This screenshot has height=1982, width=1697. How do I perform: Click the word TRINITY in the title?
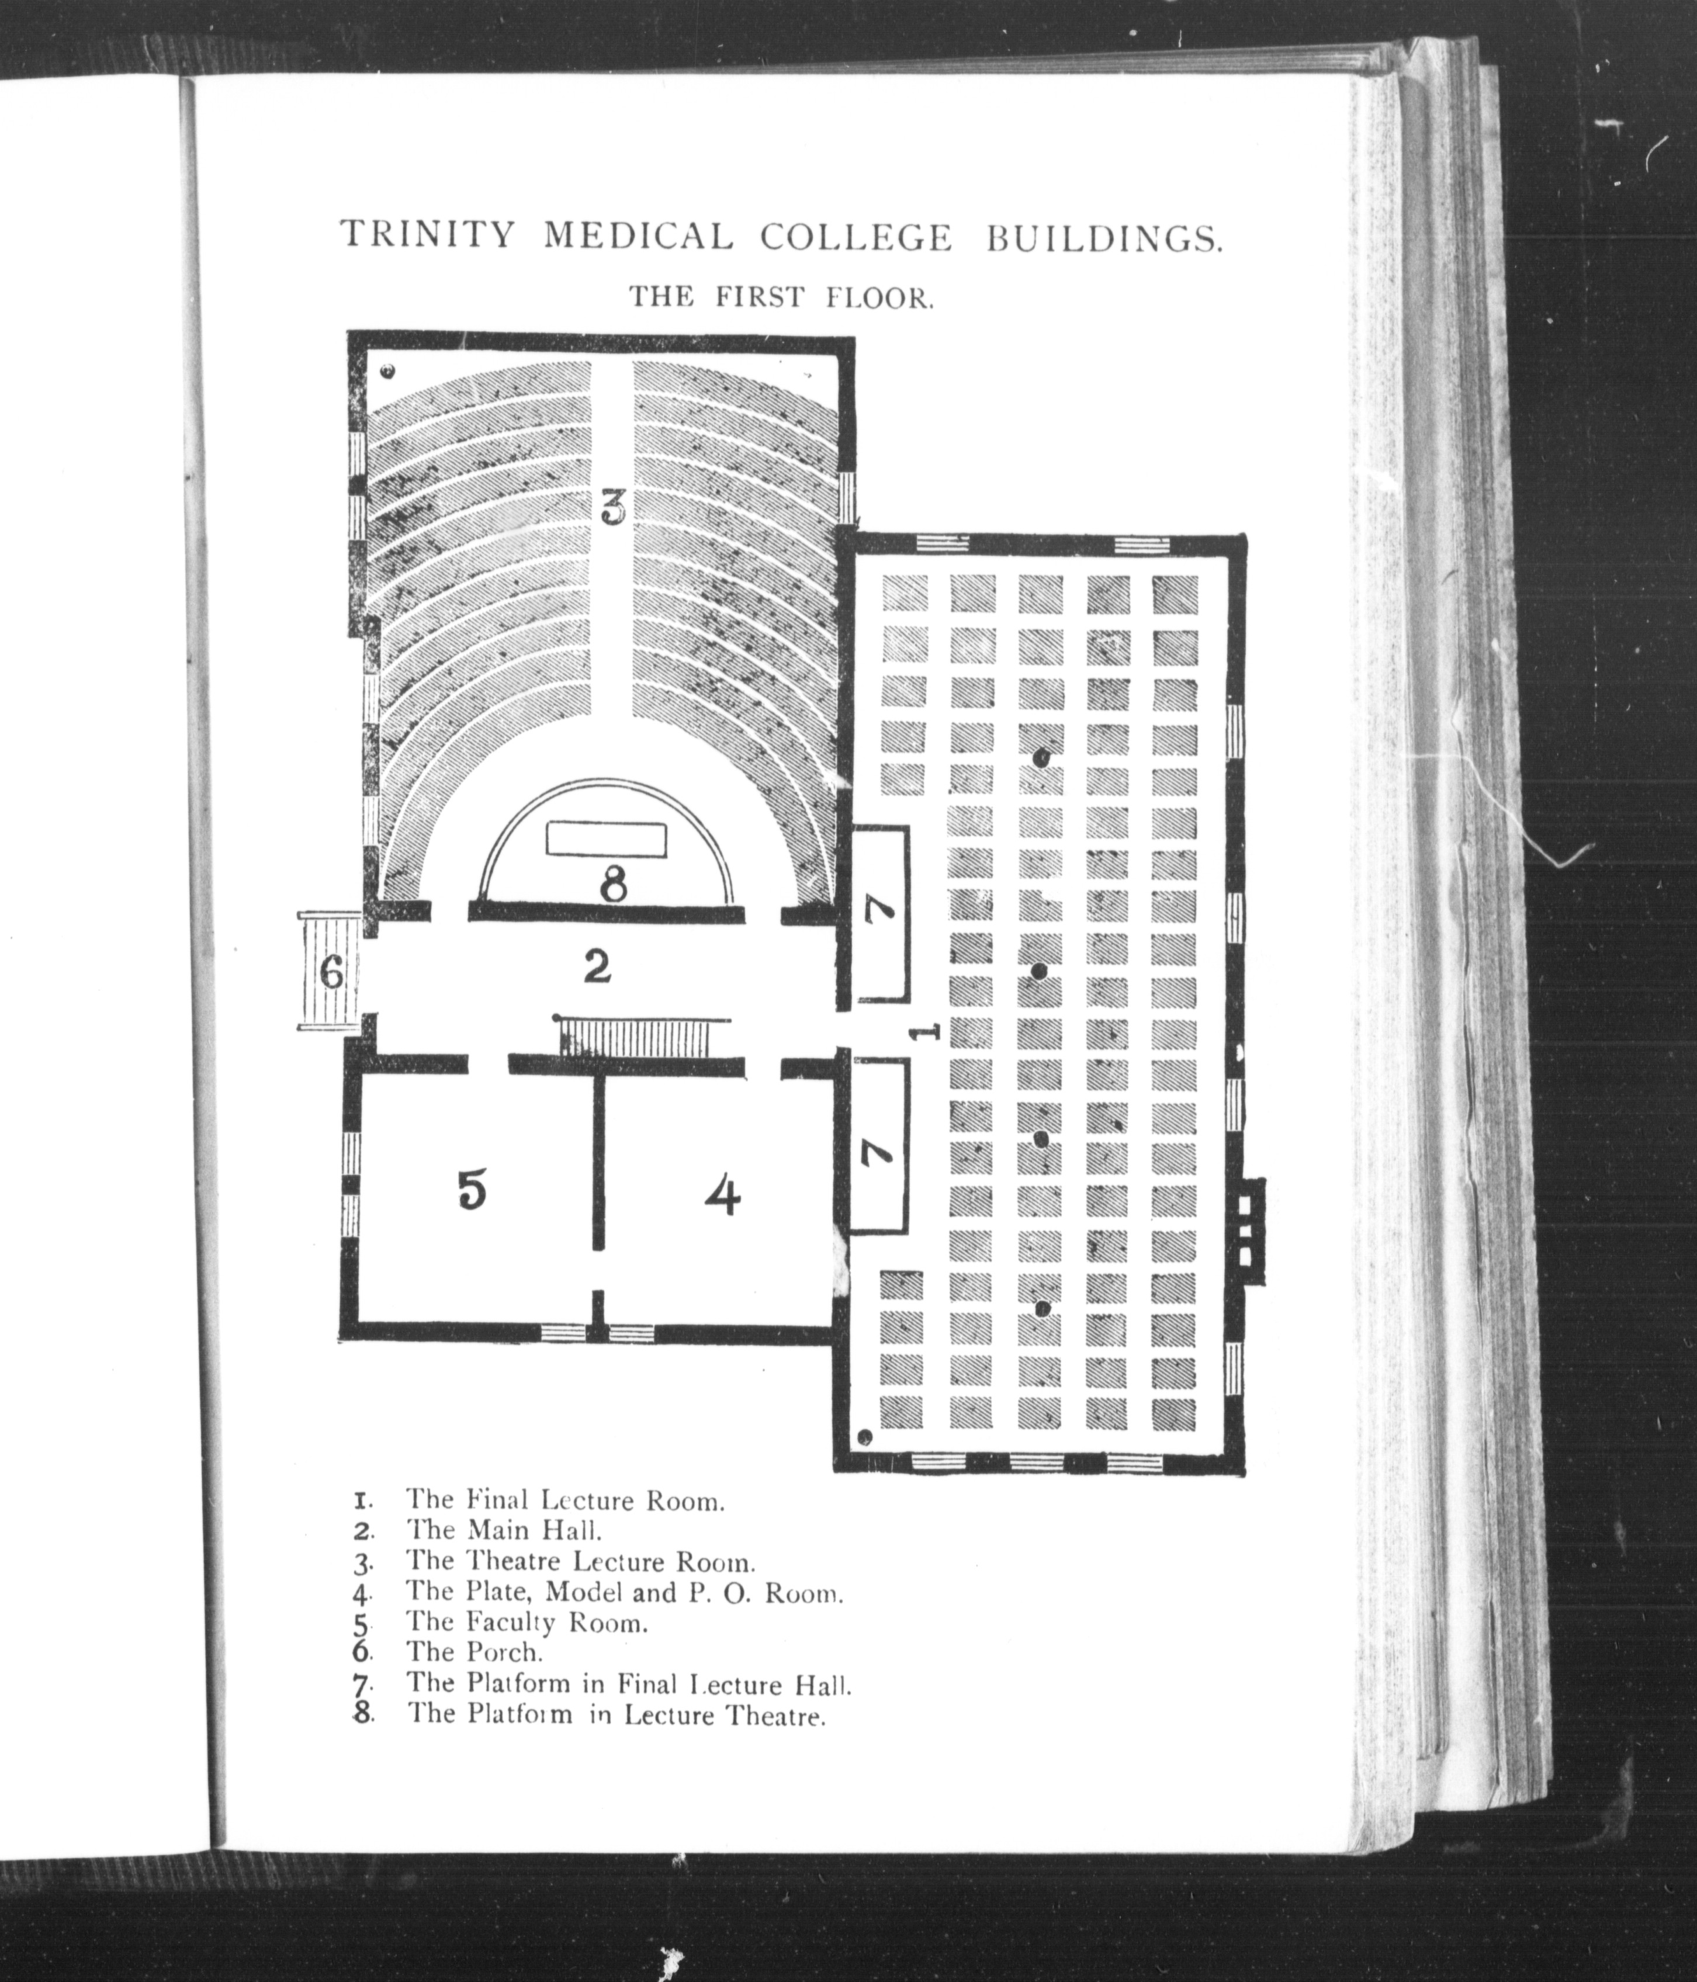[x=428, y=235]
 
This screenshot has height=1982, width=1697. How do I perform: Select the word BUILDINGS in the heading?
[x=1104, y=237]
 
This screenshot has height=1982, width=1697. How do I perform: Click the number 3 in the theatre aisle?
[x=613, y=507]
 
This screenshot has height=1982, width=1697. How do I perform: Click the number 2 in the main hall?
[x=596, y=968]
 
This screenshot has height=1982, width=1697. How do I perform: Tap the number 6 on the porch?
[x=331, y=974]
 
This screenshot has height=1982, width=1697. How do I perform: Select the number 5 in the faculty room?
[x=472, y=1190]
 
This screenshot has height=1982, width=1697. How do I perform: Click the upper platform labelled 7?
[x=879, y=913]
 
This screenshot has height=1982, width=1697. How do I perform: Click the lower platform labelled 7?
[x=879, y=1146]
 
